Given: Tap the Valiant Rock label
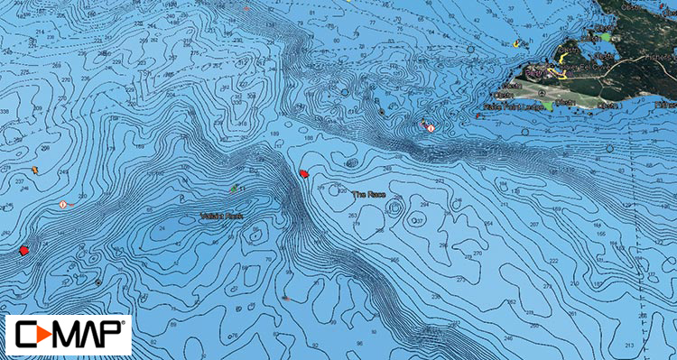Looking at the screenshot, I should click(221, 216).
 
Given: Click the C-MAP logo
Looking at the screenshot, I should click(68, 335).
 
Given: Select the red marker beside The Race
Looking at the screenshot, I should click(304, 173).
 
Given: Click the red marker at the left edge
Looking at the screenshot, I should click(23, 249).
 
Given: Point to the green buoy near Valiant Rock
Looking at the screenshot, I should click(235, 188).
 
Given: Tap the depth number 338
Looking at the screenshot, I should click(7, 113).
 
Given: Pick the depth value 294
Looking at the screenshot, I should click(424, 205).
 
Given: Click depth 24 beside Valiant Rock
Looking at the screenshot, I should click(162, 229).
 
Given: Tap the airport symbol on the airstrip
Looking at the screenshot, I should click(540, 90).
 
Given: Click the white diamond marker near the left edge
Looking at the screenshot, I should click(62, 205).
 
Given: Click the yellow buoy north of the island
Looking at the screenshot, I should click(515, 42).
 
